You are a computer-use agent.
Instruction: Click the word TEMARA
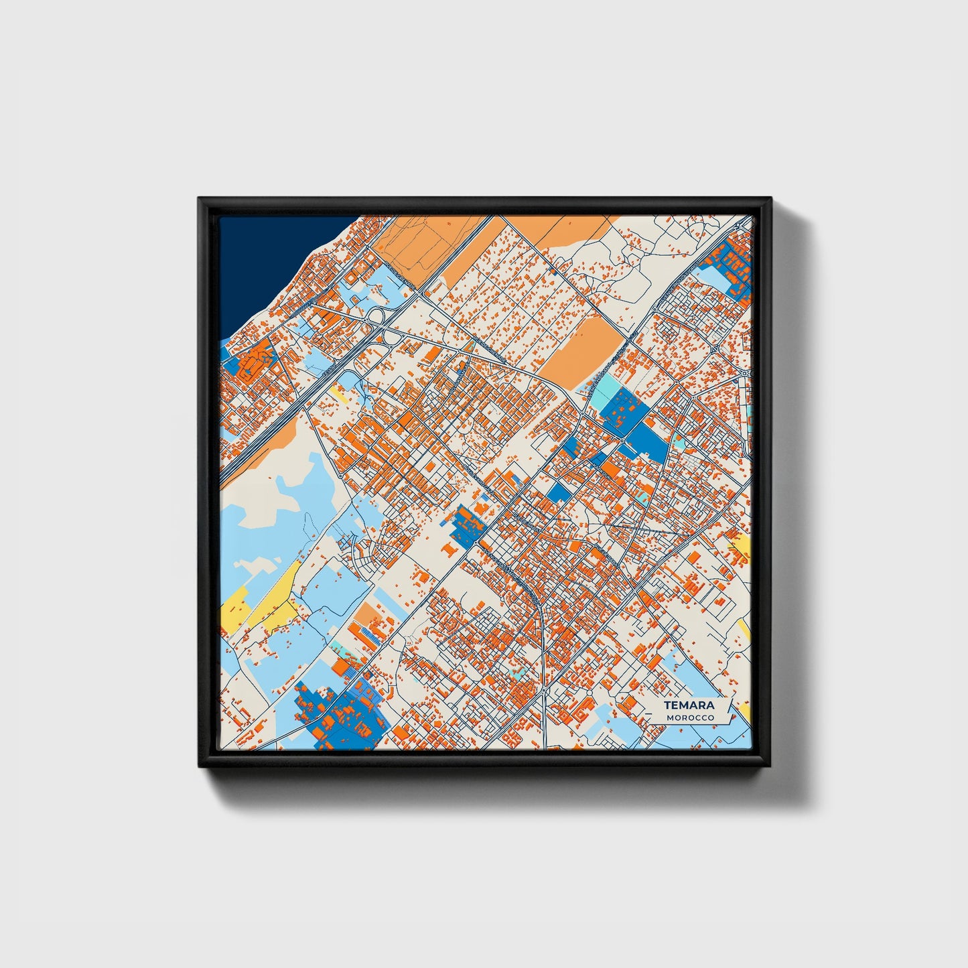[689, 705]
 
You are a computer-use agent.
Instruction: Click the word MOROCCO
[690, 717]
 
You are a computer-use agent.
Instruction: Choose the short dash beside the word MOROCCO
[659, 718]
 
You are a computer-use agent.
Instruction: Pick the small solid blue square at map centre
[558, 492]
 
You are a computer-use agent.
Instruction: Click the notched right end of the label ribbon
[732, 711]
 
